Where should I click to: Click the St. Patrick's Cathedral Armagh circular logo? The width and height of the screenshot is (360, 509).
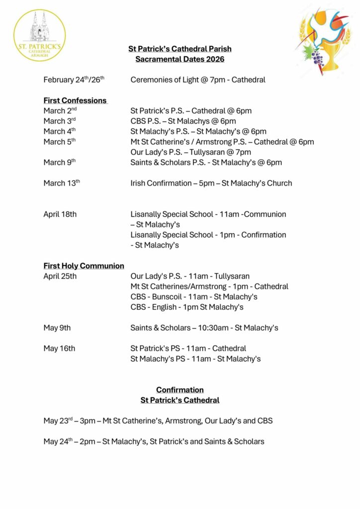pos(40,35)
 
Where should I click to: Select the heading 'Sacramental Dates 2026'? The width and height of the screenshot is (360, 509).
pos(180,59)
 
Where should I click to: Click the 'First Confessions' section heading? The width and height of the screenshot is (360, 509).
pos(75,100)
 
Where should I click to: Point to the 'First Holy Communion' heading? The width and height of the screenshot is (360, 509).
pos(84,266)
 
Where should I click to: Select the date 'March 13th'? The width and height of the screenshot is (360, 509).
pos(62,183)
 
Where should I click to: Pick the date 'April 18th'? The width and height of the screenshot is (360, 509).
pos(60,214)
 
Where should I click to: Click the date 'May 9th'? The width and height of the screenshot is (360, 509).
pos(57,328)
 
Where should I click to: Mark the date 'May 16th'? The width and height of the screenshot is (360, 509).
pos(59,348)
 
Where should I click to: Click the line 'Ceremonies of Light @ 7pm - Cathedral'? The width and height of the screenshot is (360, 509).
pos(198,80)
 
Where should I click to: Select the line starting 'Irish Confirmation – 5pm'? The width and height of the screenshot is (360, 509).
pos(211,183)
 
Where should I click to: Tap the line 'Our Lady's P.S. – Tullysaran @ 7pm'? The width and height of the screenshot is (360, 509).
pos(191,152)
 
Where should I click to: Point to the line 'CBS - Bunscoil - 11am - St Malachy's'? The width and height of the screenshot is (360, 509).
pos(194,297)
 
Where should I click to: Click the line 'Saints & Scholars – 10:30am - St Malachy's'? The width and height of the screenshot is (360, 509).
pos(204,328)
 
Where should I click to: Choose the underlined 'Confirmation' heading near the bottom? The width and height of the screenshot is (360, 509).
pos(180,390)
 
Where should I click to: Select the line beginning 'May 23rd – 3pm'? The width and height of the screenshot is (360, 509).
pos(158,421)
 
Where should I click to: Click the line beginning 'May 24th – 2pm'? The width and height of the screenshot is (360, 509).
pos(154,441)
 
